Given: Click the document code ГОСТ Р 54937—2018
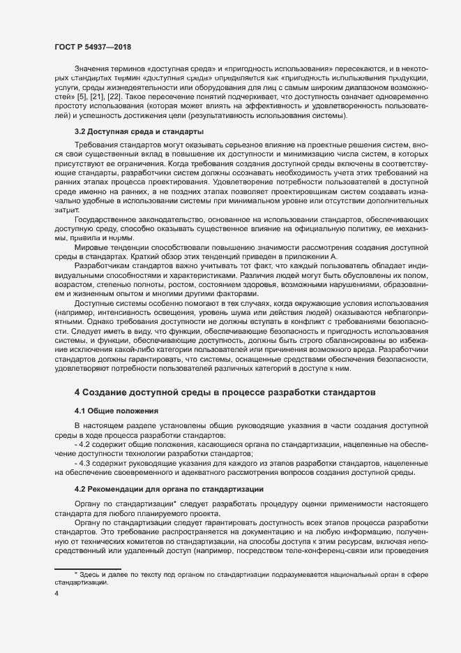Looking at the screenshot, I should pos(92,46).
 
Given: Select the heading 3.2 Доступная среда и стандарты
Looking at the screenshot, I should pos(139,131).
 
